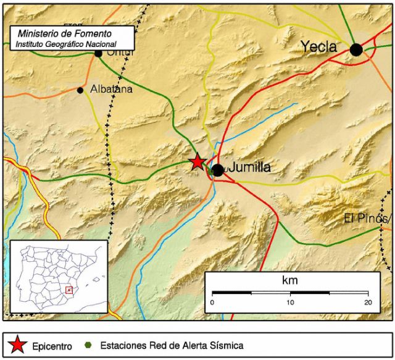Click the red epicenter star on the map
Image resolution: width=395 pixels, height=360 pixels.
tap(197, 162)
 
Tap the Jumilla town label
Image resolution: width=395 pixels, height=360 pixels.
tap(250, 167)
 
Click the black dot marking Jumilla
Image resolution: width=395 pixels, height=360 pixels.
tap(217, 170)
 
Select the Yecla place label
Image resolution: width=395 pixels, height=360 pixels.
tap(318, 46)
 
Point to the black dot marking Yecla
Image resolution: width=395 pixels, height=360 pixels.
tap(356, 50)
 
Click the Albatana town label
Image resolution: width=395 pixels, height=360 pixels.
tap(111, 90)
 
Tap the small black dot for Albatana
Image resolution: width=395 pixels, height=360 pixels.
tap(80, 90)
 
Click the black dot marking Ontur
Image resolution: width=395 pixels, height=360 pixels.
tap(98, 53)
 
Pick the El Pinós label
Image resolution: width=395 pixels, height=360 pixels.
tap(367, 219)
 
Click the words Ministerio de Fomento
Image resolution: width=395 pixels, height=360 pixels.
tap(56, 35)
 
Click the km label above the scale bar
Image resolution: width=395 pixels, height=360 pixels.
tap(289, 280)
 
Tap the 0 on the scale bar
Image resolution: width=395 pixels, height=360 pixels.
tap(212, 302)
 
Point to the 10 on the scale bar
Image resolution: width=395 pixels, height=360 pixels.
tap(290, 302)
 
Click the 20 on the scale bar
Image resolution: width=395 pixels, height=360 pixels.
tap(368, 302)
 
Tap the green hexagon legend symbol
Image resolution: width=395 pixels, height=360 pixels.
tap(91, 345)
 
